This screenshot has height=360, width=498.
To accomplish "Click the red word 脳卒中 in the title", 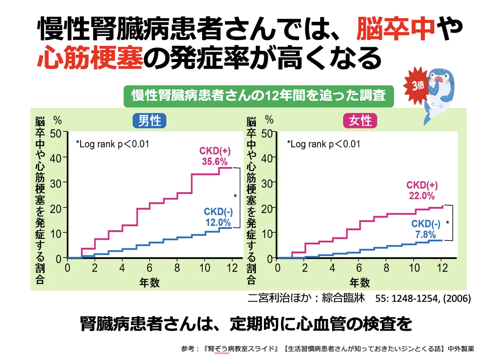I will click(x=396, y=29).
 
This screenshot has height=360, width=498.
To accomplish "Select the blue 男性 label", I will click(x=149, y=121).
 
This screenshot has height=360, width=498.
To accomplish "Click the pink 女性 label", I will click(x=360, y=121).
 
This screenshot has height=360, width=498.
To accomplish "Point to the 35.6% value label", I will click(x=215, y=161).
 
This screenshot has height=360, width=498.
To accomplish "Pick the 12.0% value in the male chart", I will click(x=218, y=222).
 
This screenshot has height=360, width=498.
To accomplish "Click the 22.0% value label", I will click(x=421, y=196).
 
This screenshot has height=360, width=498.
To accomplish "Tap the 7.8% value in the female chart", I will click(x=426, y=234).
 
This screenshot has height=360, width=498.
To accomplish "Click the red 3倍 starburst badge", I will click(x=417, y=85).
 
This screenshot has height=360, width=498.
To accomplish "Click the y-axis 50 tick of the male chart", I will click(x=56, y=134).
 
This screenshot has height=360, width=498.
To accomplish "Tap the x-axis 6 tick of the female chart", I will click(x=359, y=267).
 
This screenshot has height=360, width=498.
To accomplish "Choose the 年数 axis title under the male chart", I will click(x=149, y=283).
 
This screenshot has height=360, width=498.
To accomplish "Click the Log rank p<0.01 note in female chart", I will click(x=324, y=144).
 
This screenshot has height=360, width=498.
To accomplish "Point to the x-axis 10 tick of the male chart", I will click(x=205, y=267).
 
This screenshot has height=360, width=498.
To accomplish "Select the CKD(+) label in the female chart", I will click(x=422, y=185).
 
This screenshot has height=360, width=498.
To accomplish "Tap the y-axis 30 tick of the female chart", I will click(x=267, y=183).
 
